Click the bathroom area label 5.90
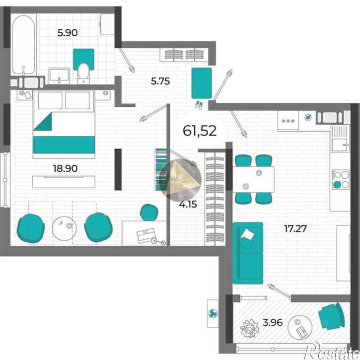67,33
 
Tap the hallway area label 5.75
160,81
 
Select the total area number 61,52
200,131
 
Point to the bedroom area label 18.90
65,168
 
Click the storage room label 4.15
188,204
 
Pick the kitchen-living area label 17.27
295,228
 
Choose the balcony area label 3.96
273,322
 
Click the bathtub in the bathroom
23,45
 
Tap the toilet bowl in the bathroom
83,72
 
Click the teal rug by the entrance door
202,83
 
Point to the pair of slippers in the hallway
199,105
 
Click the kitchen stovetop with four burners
340,180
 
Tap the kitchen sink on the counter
340,139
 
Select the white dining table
253,179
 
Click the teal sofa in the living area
248,253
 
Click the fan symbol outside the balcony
213,313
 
